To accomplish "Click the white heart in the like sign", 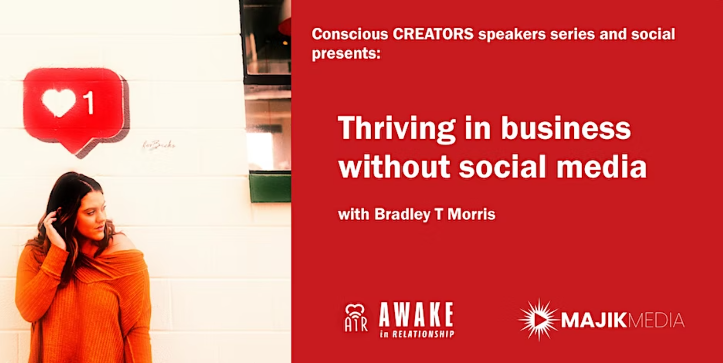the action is (59, 102).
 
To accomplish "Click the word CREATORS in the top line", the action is (433, 34).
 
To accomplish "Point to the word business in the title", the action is (566, 127).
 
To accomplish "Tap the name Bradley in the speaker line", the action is (402, 214).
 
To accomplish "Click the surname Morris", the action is (471, 214).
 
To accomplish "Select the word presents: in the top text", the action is (346, 53).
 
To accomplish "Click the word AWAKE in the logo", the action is (417, 315).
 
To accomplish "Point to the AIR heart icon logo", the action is (356, 318).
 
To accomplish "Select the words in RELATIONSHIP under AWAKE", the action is (417, 334).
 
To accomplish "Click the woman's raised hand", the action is (53, 228).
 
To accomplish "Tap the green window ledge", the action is (270, 188).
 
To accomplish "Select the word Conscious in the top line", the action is (350, 34).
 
